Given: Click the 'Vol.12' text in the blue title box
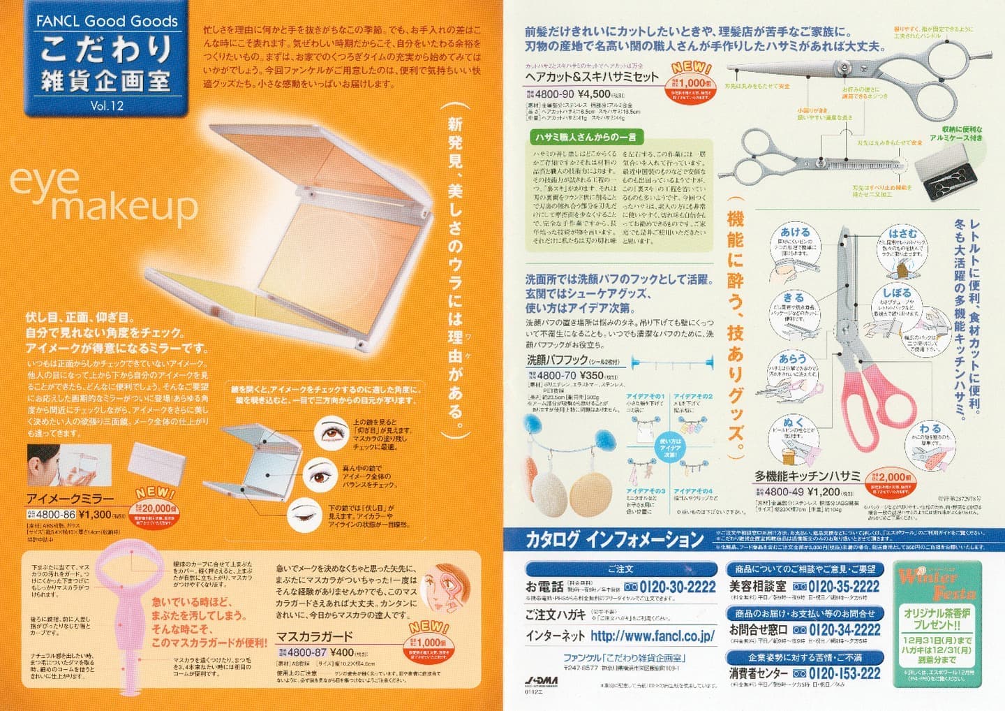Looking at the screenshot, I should pyautogui.click(x=106, y=106).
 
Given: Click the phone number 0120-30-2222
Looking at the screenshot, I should pyautogui.click(x=671, y=587).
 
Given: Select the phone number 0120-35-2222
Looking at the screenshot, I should pyautogui.click(x=835, y=587).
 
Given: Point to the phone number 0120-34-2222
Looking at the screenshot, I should pyautogui.click(x=835, y=630).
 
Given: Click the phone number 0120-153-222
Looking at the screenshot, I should pyautogui.click(x=835, y=673).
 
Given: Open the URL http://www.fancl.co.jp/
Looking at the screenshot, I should pyautogui.click(x=652, y=636).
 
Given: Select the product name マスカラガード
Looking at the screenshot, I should pyautogui.click(x=314, y=636).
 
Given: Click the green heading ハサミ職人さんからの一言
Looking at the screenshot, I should pyautogui.click(x=586, y=137).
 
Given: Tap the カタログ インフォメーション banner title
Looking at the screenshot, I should pyautogui.click(x=614, y=539).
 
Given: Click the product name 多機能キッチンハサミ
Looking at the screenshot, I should pyautogui.click(x=807, y=476).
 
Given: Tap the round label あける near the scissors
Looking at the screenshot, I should pyautogui.click(x=795, y=233).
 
